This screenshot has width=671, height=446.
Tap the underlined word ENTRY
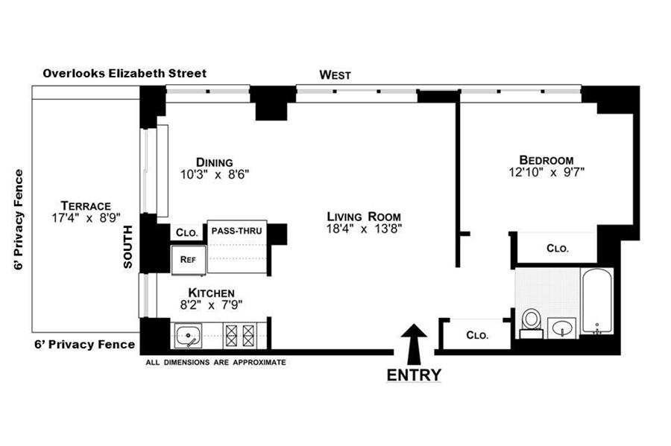(414, 375)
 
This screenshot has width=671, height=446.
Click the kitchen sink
(188, 336)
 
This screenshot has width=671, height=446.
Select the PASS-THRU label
(236, 231)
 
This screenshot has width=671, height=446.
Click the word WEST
(335, 74)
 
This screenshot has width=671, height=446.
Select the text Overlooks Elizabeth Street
(125, 73)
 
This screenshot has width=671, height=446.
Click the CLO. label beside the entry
(477, 335)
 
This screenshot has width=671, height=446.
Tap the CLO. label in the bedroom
(557, 249)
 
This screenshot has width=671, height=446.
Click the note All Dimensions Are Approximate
(215, 363)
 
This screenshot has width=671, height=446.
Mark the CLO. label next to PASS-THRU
(187, 233)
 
